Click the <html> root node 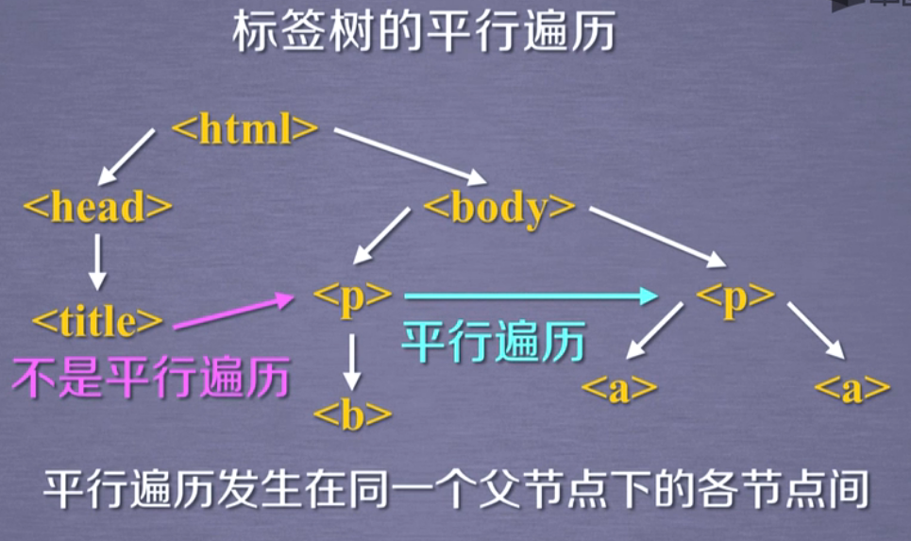(x=245, y=129)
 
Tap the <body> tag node (x=499, y=207)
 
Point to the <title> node (x=98, y=321)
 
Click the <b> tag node (x=352, y=414)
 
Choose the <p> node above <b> (x=352, y=296)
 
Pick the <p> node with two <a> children (x=734, y=296)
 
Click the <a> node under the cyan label (x=618, y=388)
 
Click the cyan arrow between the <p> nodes (x=529, y=296)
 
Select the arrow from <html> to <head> (x=127, y=156)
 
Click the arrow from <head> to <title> (x=96, y=262)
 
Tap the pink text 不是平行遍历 (x=150, y=380)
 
